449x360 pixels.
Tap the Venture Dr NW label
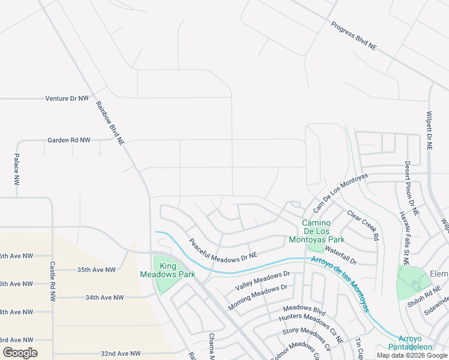pos(67,98)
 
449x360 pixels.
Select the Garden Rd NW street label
pos(69,140)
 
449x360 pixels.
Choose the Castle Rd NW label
pos(53,281)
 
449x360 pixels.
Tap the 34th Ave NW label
pos(104,297)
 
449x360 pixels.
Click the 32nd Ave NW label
pos(120,354)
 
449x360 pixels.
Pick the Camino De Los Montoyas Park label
pos(324,231)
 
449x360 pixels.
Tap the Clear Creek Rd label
pos(363,225)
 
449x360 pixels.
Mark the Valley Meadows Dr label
pos(262,281)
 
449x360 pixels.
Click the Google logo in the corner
pos(20,353)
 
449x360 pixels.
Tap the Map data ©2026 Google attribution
pos(411,355)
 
